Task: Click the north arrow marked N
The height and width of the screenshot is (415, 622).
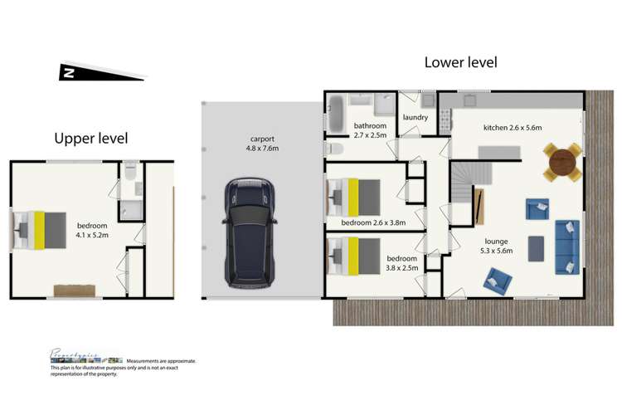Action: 68,73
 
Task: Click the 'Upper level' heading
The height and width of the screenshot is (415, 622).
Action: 91,138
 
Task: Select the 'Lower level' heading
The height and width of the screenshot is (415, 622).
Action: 461,62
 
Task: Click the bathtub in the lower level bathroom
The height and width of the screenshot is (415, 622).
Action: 336,114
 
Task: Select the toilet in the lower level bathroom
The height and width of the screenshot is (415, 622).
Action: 333,149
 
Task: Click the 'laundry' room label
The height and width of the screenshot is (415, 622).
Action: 415,118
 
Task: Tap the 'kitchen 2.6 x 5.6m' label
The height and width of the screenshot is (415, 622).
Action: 512,128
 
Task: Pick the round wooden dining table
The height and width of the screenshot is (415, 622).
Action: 562,160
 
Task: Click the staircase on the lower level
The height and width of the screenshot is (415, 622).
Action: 469,188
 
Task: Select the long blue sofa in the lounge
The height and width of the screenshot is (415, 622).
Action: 568,246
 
